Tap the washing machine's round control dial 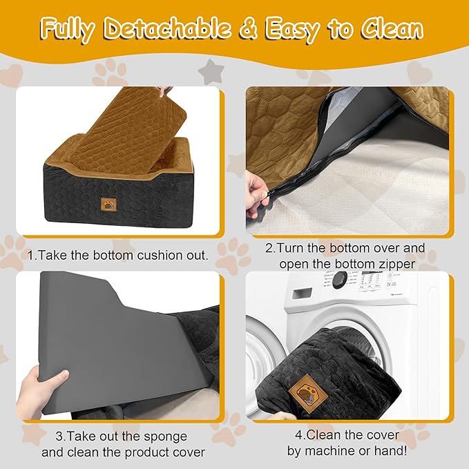338,280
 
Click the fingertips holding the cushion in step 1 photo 163,90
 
